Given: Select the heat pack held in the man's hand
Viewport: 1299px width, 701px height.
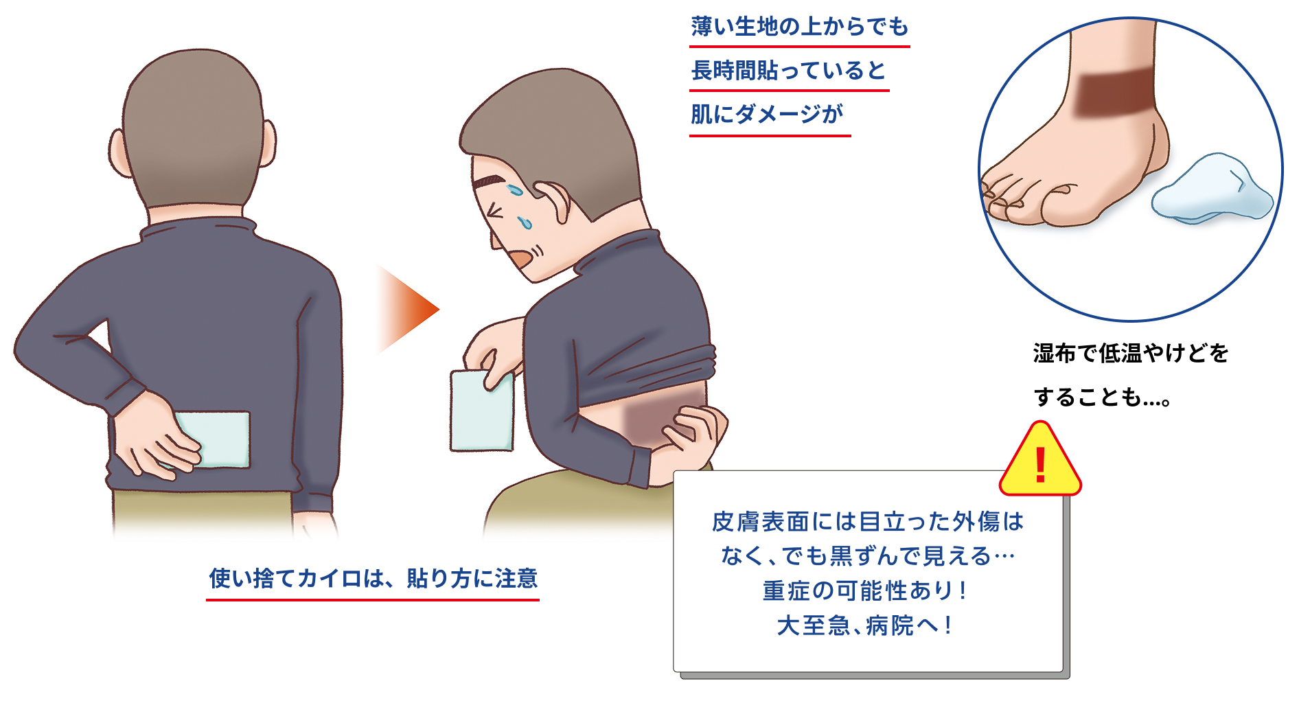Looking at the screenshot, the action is (481, 411).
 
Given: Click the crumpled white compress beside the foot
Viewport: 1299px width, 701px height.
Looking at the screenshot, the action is (1212, 188).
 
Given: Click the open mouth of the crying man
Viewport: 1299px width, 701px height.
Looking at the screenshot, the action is (520, 258).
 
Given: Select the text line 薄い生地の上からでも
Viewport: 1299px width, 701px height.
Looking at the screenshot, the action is (800, 27).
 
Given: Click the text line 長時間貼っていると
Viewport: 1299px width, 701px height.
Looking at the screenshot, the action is (789, 70).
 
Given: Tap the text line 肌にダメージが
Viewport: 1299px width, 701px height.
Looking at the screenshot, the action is (767, 114).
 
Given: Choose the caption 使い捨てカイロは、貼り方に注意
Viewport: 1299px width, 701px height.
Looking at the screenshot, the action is (373, 578).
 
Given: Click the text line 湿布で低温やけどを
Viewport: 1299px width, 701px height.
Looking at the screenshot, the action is (1131, 354).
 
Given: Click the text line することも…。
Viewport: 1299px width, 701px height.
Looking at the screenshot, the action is (1102, 397).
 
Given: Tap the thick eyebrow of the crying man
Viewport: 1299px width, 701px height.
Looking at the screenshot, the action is (489, 182).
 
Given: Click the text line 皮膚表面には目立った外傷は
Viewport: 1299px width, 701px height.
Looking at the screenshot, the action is (868, 522).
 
